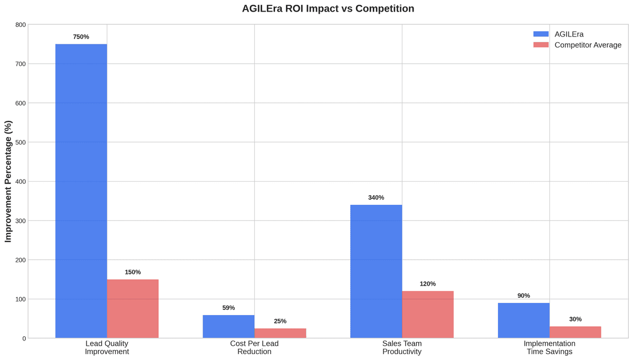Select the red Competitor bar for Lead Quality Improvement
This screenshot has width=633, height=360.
[133, 309]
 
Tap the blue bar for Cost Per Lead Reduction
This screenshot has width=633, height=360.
[228, 327]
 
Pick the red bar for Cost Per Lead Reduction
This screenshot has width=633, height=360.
[280, 333]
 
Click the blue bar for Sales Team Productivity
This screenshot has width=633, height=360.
[376, 271]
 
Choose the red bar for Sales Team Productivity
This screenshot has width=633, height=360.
[428, 315]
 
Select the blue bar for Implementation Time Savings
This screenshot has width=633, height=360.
[523, 320]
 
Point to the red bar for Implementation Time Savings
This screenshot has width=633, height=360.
[575, 332]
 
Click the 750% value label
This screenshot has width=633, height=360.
[81, 37]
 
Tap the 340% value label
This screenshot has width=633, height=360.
[376, 197]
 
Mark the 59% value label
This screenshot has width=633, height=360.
[228, 308]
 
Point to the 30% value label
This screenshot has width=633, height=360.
[575, 319]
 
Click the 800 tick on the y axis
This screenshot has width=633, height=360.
[20, 25]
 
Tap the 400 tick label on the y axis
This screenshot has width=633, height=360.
[20, 182]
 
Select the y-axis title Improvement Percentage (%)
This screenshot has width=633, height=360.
[8, 181]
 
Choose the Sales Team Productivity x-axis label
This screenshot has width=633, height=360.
[402, 347]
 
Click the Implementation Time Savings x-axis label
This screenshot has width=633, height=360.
[549, 347]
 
